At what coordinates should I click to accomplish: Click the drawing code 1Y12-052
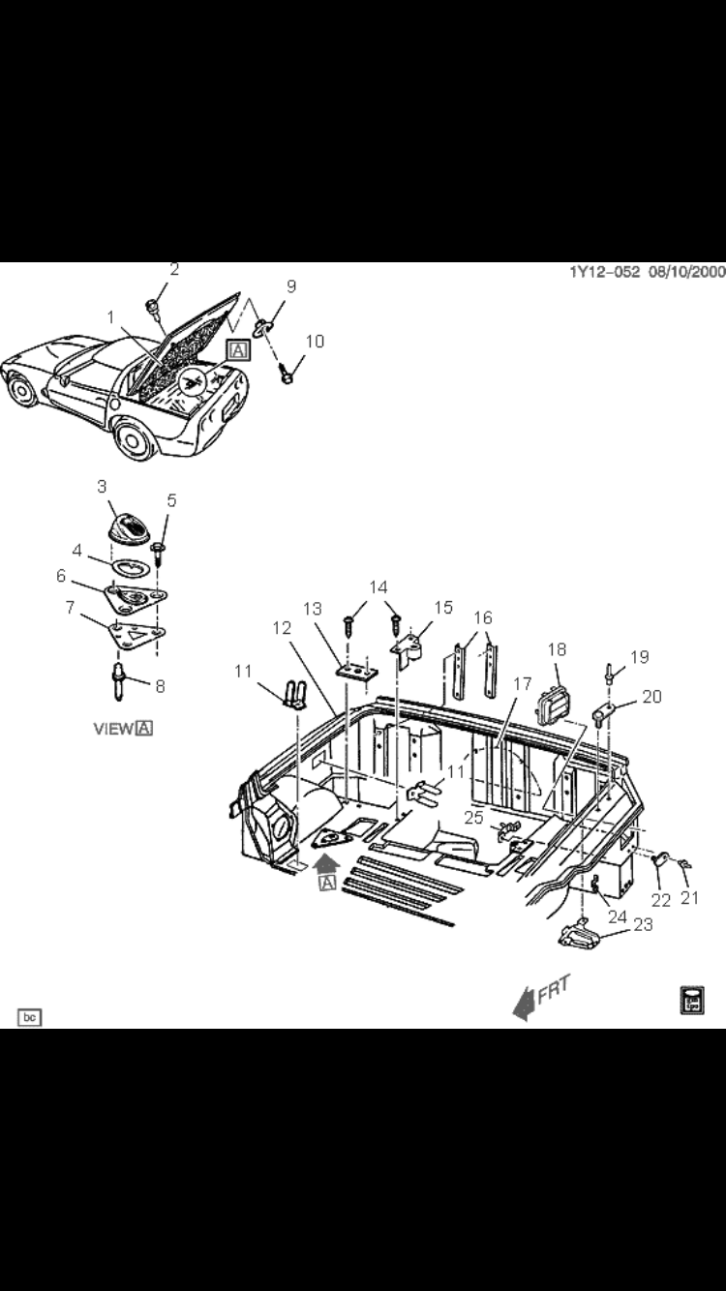pos(605,272)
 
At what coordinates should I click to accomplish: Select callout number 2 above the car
pos(174,269)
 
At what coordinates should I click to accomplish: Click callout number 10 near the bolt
pos(315,341)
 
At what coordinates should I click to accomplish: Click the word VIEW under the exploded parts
pos(113,729)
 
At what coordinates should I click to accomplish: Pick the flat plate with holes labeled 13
pos(355,670)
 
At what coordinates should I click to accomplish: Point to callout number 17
pos(523,684)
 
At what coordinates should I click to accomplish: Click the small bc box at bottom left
pos(30,1017)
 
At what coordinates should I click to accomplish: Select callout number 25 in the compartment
pos(473,818)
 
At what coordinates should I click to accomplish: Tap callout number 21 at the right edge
pos(689,897)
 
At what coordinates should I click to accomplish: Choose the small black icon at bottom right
pos(692,1001)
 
